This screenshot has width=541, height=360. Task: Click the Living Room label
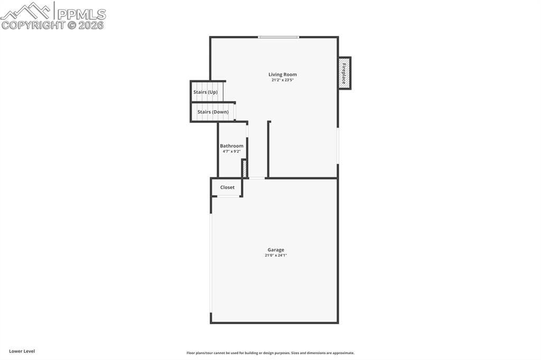282,74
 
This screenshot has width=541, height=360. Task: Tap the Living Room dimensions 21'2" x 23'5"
282,80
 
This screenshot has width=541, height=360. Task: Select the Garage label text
276,250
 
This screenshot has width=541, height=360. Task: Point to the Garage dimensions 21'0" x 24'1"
276,255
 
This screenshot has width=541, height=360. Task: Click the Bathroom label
231,146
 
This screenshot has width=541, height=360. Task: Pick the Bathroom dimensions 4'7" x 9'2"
231,151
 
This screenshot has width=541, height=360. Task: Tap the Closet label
227,187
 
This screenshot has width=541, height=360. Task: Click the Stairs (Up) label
205,92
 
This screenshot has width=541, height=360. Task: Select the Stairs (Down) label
213,112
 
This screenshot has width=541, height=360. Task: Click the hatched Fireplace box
344,73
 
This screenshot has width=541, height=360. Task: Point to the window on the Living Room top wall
278,37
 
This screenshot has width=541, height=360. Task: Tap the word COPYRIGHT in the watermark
33,25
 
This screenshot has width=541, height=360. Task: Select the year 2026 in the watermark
91,25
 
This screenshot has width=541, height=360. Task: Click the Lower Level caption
22,351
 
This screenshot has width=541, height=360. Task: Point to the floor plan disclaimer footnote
270,353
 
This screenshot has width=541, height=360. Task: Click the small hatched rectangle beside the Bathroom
245,168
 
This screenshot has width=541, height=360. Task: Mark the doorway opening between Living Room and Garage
257,178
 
